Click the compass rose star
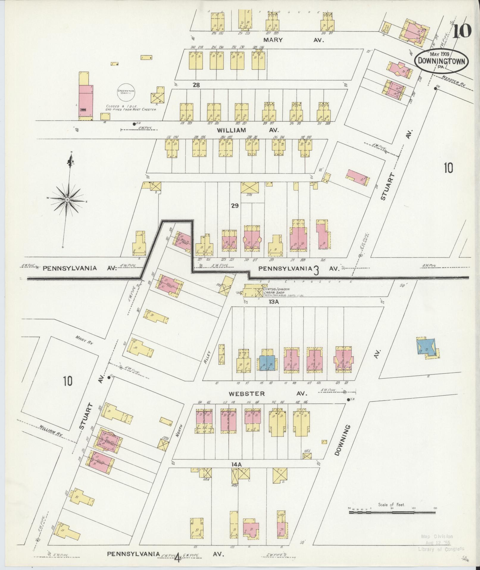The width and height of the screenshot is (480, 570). (68, 199)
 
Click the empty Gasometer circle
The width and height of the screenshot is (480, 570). (126, 92)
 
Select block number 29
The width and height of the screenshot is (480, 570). (235, 206)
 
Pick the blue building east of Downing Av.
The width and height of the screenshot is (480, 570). (426, 347)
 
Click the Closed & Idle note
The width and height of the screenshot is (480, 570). (131, 108)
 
